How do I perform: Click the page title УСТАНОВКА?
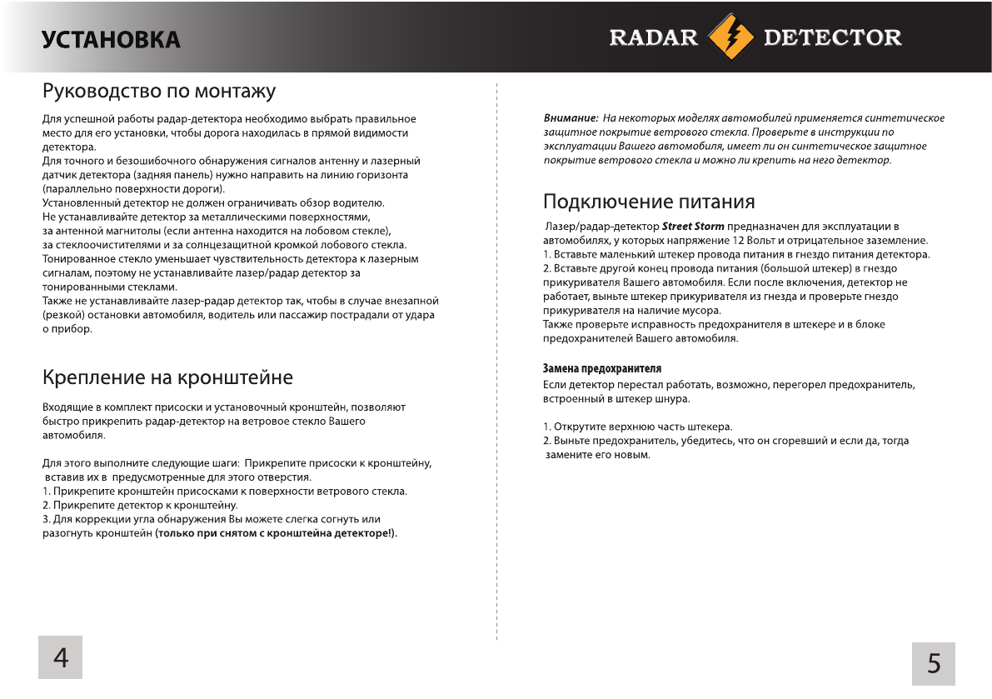(112, 39)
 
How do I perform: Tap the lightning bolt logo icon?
(730, 37)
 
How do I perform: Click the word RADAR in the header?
(654, 37)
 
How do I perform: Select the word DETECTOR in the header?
(832, 37)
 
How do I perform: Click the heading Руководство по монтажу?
(158, 90)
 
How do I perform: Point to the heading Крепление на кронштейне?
(167, 377)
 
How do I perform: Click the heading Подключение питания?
(649, 202)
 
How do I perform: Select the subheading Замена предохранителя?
(602, 368)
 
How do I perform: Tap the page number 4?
(61, 657)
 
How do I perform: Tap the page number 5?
(934, 663)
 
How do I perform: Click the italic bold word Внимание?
(571, 118)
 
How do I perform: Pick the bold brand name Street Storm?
(693, 227)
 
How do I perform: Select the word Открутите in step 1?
(580, 427)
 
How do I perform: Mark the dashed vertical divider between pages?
(497, 358)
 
